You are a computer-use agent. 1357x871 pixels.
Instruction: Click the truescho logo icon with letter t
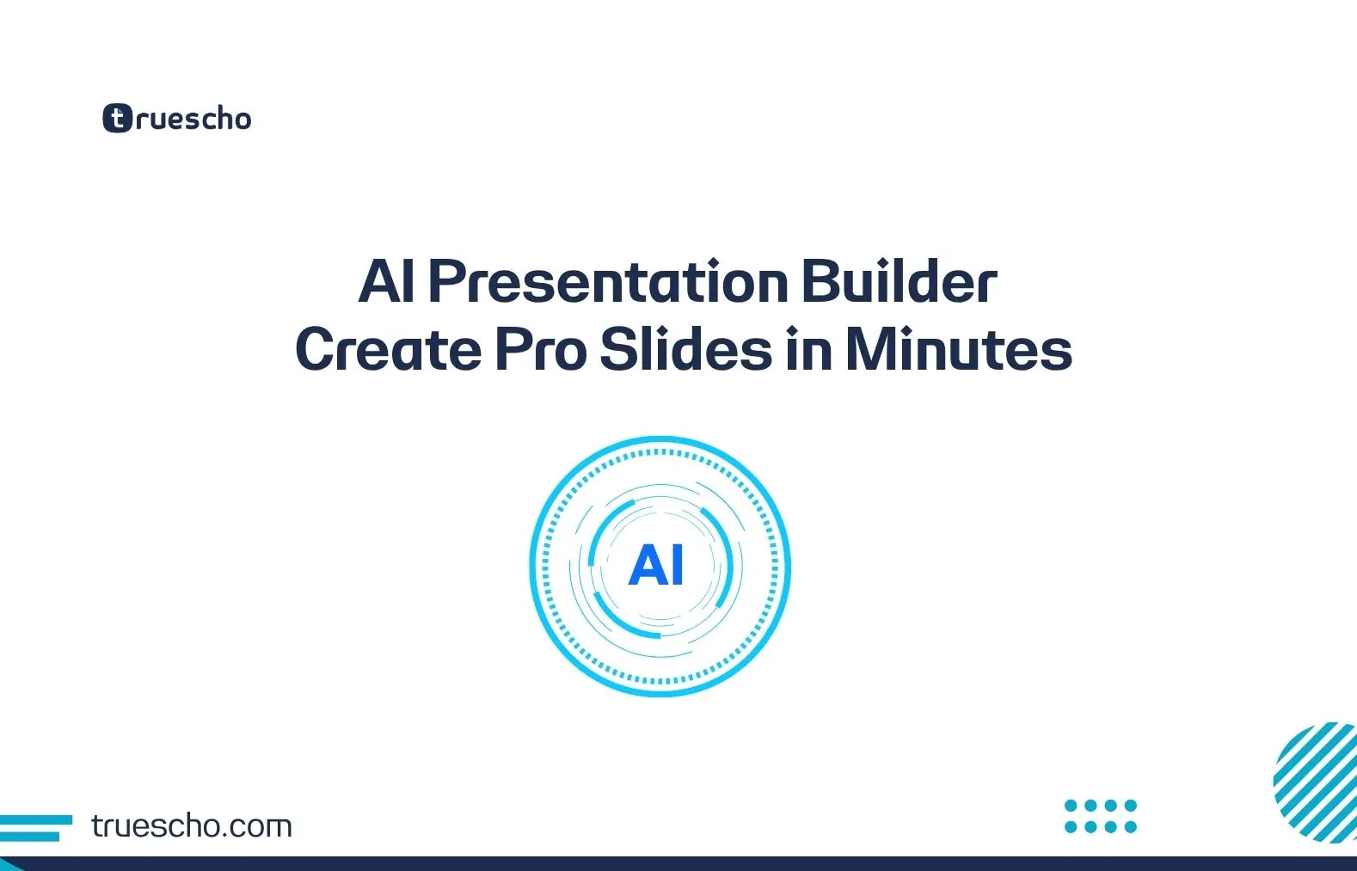pyautogui.click(x=117, y=118)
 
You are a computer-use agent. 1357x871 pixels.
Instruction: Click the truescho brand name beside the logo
pyautogui.click(x=193, y=119)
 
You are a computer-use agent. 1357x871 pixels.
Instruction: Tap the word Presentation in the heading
pyautogui.click(x=607, y=282)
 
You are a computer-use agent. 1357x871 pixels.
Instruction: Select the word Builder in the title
pyautogui.click(x=899, y=282)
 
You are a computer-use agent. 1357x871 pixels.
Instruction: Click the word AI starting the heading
pyautogui.click(x=386, y=282)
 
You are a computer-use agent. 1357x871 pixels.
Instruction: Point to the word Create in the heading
pyautogui.click(x=388, y=349)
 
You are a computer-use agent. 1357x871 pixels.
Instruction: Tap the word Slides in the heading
pyautogui.click(x=685, y=349)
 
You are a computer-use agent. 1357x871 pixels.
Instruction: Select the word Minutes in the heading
pyautogui.click(x=959, y=349)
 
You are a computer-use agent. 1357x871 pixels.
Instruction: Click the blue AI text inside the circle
pyautogui.click(x=657, y=566)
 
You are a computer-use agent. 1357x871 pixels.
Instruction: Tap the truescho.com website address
pyautogui.click(x=191, y=826)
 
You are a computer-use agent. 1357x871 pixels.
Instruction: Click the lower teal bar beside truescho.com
pyautogui.click(x=29, y=836)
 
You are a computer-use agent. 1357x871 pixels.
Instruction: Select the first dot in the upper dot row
pyautogui.click(x=1071, y=806)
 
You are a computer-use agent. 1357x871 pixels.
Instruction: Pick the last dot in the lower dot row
pyautogui.click(x=1131, y=827)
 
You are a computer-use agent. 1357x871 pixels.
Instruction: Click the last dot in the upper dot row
pyautogui.click(x=1131, y=806)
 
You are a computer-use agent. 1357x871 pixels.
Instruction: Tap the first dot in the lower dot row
pyautogui.click(x=1071, y=827)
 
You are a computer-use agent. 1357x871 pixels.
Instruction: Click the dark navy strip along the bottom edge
pyautogui.click(x=678, y=863)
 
